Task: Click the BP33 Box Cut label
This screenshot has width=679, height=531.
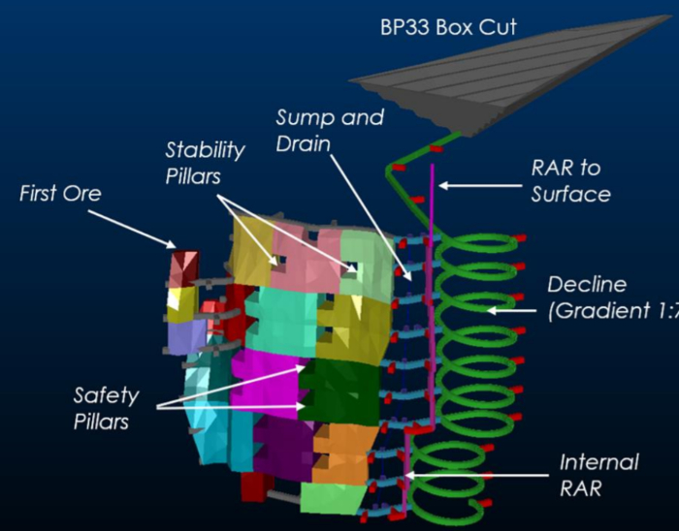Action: pos(448,27)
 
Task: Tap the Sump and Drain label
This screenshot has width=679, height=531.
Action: pos(330,131)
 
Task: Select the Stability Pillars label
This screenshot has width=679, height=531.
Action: pos(204,163)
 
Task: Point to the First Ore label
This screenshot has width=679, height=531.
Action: pos(60,194)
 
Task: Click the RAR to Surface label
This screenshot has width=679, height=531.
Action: pos(570,181)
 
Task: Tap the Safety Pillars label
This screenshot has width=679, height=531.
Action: pos(107,408)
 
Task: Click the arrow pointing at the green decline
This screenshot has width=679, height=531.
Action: pos(514,308)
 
